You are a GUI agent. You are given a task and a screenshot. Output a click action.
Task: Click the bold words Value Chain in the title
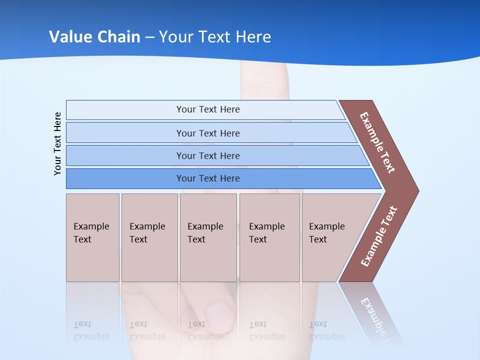(94, 37)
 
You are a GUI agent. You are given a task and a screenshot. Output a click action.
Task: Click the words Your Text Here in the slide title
(215, 37)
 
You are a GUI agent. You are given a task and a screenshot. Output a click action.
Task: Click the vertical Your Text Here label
(57, 143)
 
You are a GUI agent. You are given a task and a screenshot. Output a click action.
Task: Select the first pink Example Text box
(92, 237)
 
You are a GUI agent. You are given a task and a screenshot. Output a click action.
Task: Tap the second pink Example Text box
(149, 237)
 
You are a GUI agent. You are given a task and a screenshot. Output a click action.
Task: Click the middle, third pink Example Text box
(208, 237)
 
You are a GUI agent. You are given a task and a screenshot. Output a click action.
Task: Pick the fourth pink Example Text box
(269, 237)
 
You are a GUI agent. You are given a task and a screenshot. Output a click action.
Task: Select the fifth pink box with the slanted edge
(330, 237)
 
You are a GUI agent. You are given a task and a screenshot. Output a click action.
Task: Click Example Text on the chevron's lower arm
(379, 236)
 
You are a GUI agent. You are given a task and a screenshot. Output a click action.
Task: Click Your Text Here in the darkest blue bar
(208, 178)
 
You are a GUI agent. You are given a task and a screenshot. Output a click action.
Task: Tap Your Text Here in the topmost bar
(208, 109)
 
